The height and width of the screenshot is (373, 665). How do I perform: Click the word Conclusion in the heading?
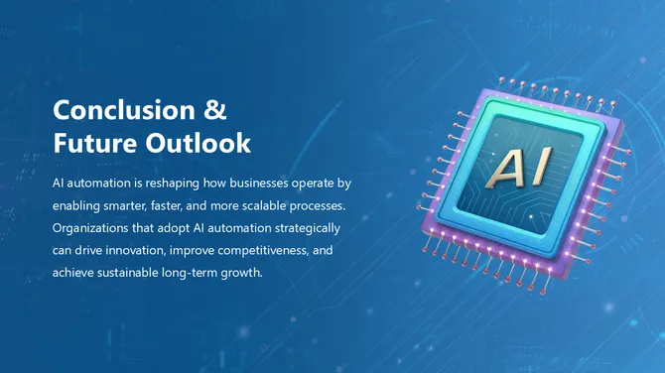point(121,109)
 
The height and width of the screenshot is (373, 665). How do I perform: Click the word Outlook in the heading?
point(198,143)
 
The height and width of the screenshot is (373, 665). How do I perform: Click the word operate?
point(314,185)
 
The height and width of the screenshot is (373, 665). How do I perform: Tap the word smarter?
point(136,206)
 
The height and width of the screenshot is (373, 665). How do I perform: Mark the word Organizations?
point(94,228)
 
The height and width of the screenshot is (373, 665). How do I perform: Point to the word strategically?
point(307,228)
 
